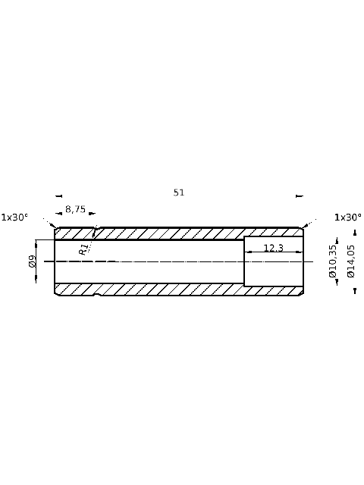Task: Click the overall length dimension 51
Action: (179, 192)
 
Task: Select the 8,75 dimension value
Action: (75, 209)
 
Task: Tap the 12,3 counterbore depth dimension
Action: (273, 248)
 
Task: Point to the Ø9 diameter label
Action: (33, 261)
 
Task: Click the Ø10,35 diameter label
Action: (332, 261)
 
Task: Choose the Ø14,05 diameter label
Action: (350, 261)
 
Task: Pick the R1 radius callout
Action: (84, 248)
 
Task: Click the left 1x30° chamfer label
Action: (14, 217)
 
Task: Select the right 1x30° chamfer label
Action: (348, 217)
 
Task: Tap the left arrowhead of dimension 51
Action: (58, 196)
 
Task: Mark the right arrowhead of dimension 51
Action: (300, 196)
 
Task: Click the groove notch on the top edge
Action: (95, 228)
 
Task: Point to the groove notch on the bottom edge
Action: (95, 294)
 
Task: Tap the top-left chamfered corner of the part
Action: (56, 229)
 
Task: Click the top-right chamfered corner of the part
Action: (302, 229)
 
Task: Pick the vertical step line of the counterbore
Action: (244, 261)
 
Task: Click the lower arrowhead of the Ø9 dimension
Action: (36, 280)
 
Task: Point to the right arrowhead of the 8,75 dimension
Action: (93, 214)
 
